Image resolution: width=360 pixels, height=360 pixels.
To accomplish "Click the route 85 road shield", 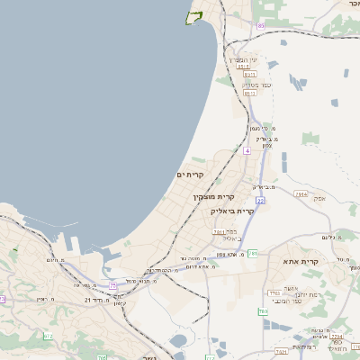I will tap(261, 26).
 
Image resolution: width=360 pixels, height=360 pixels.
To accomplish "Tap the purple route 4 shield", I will tap(247, 150).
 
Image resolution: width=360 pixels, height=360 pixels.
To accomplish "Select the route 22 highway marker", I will tap(259, 201).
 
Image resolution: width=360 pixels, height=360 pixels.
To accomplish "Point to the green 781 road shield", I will tap(254, 254).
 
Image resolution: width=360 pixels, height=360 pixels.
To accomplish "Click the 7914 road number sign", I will tap(301, 193).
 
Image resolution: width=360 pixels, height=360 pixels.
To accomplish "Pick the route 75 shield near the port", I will tap(113, 284).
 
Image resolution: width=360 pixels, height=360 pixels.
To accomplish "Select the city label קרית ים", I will tap(191, 174).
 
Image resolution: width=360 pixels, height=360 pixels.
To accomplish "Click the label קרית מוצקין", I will tap(212, 195).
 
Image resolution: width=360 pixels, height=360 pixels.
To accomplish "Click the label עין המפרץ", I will tap(241, 58).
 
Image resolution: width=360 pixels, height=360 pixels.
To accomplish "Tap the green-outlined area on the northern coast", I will tap(193, 16).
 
